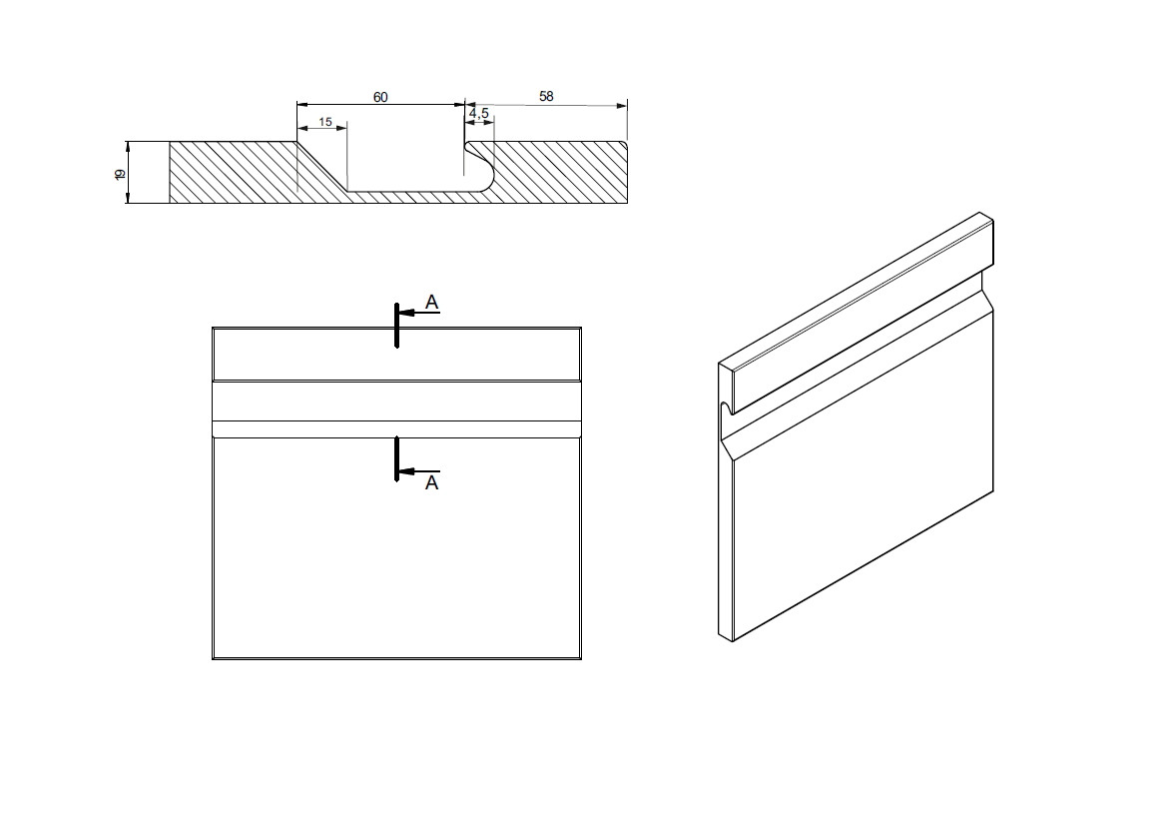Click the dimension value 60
(380, 97)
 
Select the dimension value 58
(546, 97)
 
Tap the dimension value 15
(325, 122)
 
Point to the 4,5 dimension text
(479, 114)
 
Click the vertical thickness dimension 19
(120, 174)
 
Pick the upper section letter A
(432, 302)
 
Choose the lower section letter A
(432, 482)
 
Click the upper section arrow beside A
(418, 313)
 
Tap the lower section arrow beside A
(418, 471)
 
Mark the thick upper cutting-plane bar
(397, 326)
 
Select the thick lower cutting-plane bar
(397, 458)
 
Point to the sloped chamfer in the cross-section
(321, 166)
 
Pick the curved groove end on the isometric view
(727, 409)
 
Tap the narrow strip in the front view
(396, 429)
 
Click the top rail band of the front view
(396, 355)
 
